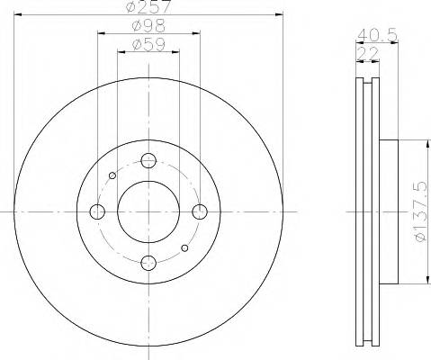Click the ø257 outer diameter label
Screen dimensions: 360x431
148,7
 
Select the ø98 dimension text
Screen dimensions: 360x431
148,26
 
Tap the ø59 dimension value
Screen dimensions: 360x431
148,43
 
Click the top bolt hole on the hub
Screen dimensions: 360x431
148,161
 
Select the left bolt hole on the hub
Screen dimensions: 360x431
97,211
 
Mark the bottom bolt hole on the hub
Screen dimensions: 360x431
148,263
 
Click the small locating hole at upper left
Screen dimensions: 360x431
112,175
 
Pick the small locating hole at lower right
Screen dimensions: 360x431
184,247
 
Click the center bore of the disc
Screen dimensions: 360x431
148,211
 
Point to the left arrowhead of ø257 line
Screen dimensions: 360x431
18,16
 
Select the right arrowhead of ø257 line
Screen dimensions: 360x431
280,16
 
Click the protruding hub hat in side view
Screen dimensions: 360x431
389,211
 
